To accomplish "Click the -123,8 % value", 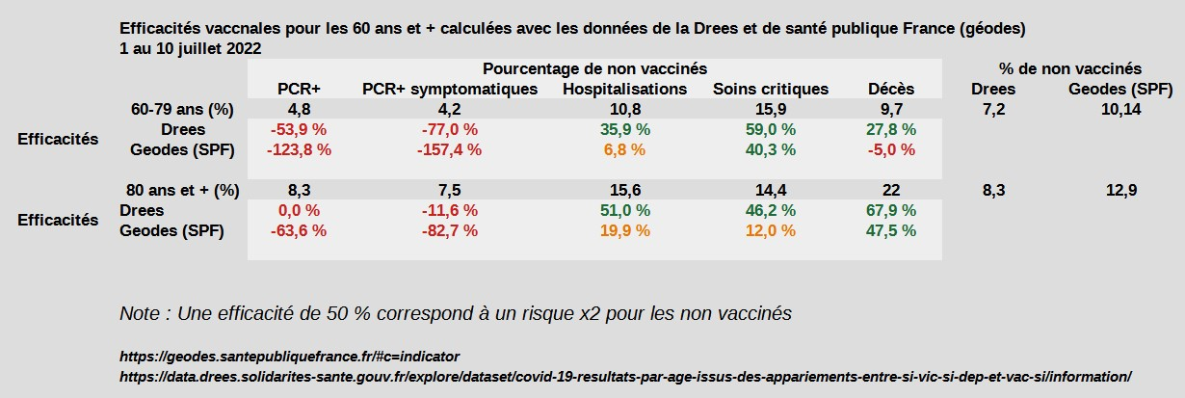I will pyautogui.click(x=299, y=149).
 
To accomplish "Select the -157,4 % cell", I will pyautogui.click(x=449, y=149).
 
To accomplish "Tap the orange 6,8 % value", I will pyautogui.click(x=624, y=149).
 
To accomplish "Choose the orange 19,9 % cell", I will pyautogui.click(x=624, y=230).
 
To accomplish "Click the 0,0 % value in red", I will pyautogui.click(x=299, y=210).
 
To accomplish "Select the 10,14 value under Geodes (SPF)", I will pyautogui.click(x=1120, y=109).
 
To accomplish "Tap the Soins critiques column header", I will pyautogui.click(x=771, y=89).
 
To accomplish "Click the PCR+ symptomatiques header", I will pyautogui.click(x=449, y=89).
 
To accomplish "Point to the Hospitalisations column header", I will pyautogui.click(x=624, y=89).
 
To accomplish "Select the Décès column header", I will pyautogui.click(x=891, y=89).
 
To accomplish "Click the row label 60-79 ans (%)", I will pyautogui.click(x=183, y=109).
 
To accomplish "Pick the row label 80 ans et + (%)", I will pyautogui.click(x=183, y=190).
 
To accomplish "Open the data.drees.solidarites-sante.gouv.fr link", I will pyautogui.click(x=624, y=376).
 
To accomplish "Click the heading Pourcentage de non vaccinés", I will pyautogui.click(x=595, y=68).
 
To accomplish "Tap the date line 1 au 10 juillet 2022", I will pyautogui.click(x=190, y=47).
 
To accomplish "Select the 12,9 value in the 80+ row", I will pyautogui.click(x=1120, y=190).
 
